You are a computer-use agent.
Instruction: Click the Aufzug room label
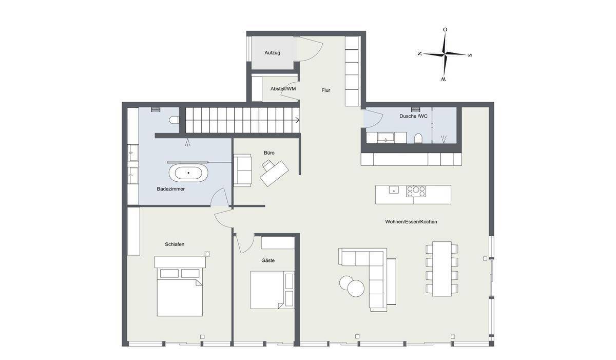pyautogui.click(x=272, y=53)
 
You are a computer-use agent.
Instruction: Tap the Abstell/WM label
pyautogui.click(x=283, y=89)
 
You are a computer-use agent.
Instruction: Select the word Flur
pyautogui.click(x=325, y=90)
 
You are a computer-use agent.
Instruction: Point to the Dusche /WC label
pyautogui.click(x=413, y=116)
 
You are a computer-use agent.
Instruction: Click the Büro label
pyautogui.click(x=269, y=153)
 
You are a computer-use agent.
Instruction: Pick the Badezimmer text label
pyautogui.click(x=170, y=189)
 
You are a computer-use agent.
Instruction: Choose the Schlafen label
pyautogui.click(x=175, y=244)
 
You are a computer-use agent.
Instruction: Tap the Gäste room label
pyautogui.click(x=268, y=260)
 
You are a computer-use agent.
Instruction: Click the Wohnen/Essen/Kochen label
pyautogui.click(x=411, y=222)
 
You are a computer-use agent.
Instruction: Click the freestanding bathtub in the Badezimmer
pyautogui.click(x=188, y=173)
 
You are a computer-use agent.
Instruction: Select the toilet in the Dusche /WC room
pyautogui.click(x=418, y=138)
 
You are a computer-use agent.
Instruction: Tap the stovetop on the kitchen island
pyautogui.click(x=416, y=191)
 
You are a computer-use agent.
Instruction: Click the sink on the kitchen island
pyautogui.click(x=394, y=190)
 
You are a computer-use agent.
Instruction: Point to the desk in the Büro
pyautogui.click(x=274, y=174)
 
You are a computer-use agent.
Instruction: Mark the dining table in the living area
pyautogui.click(x=441, y=269)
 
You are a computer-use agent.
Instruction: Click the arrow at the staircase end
pyautogui.click(x=297, y=120)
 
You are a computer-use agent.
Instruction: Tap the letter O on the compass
pyautogui.click(x=445, y=29)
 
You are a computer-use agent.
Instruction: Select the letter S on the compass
pyautogui.click(x=470, y=55)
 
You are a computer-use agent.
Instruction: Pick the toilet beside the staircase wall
pyautogui.click(x=174, y=120)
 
